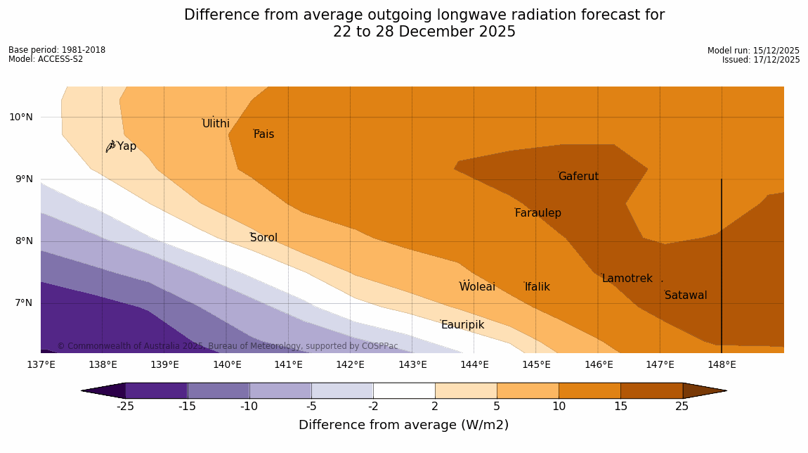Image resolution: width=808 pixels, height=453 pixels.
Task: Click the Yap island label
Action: click(126, 146)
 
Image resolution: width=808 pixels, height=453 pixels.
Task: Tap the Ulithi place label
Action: click(216, 124)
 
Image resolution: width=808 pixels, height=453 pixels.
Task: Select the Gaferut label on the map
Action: click(578, 177)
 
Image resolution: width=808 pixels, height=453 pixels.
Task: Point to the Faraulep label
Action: click(537, 213)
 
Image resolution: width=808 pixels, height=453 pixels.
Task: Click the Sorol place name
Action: click(263, 238)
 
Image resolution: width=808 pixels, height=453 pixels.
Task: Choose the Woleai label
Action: click(477, 287)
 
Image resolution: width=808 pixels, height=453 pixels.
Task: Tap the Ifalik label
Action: click(537, 287)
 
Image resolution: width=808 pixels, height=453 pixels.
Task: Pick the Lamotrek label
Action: click(627, 279)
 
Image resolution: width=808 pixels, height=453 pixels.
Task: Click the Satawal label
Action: click(686, 295)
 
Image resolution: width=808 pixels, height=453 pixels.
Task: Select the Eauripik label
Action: click(462, 325)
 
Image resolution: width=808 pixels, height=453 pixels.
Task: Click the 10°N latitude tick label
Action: click(21, 117)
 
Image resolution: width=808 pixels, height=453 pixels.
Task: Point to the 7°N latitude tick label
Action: click(21, 303)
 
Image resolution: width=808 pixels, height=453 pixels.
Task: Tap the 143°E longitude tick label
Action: click(412, 364)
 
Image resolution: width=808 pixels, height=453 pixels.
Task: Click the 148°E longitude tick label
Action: click(722, 364)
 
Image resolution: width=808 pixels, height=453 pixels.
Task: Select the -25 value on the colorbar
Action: click(126, 407)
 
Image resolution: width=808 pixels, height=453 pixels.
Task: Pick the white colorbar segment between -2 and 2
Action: click(404, 390)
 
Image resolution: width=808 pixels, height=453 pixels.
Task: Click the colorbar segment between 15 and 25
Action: click(651, 390)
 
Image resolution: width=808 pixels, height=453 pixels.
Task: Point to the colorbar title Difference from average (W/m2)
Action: click(403, 425)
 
